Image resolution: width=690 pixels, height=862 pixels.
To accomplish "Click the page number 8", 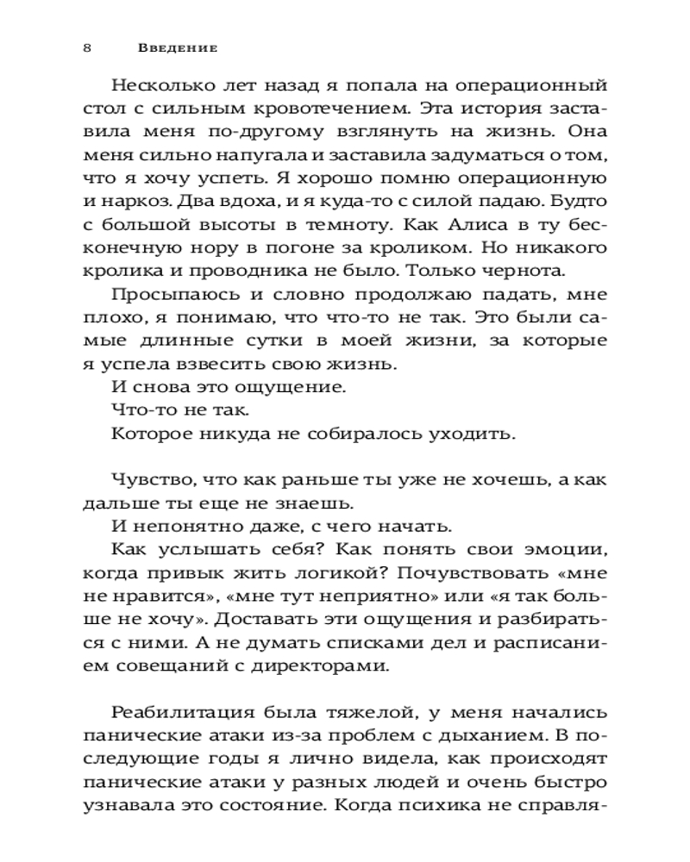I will (x=87, y=48).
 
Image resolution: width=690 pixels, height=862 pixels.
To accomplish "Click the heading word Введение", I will (x=178, y=48).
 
